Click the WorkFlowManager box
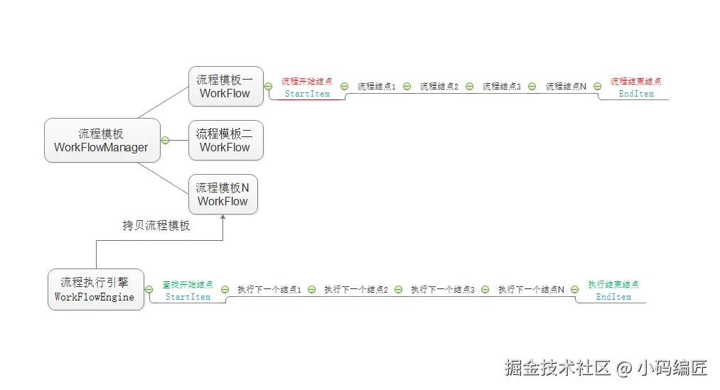(102, 141)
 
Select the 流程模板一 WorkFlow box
(225, 87)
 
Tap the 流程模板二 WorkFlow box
(225, 141)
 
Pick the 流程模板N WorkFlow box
(223, 195)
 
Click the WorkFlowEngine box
(95, 290)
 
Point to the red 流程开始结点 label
(307, 82)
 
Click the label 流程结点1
(376, 87)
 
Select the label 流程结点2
(439, 87)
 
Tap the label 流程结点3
(501, 87)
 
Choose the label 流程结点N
(566, 87)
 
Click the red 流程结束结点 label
(635, 82)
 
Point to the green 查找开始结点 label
(188, 285)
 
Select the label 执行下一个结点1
(269, 290)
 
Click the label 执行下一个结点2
(356, 290)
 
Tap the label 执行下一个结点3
(443, 290)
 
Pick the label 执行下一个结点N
(531, 290)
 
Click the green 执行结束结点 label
(613, 285)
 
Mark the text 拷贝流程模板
(156, 226)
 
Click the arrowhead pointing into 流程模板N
(223, 218)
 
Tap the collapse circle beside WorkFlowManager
(165, 140)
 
